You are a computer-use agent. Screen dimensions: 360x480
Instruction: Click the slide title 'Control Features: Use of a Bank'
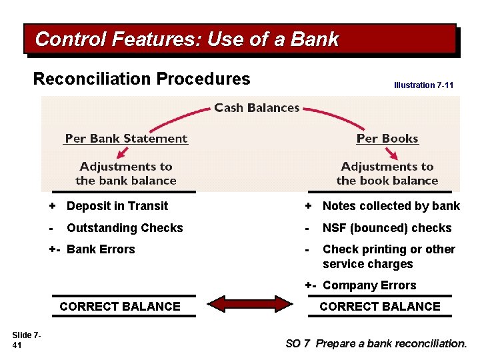click(x=187, y=40)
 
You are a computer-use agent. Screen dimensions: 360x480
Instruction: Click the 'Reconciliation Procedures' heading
click(x=141, y=79)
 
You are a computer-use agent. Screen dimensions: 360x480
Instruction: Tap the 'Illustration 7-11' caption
click(x=423, y=85)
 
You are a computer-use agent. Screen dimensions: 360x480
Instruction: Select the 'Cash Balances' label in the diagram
click(x=257, y=108)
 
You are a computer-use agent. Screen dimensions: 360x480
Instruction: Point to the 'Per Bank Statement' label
click(x=126, y=139)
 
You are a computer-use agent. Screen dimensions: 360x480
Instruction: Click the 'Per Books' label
click(x=387, y=139)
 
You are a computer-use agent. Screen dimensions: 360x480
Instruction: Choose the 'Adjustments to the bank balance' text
click(x=126, y=173)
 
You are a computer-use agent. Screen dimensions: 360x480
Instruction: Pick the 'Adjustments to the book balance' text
click(x=387, y=173)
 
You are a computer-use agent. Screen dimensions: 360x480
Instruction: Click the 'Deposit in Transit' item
click(x=117, y=206)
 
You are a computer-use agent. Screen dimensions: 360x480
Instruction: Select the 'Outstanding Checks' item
click(x=125, y=227)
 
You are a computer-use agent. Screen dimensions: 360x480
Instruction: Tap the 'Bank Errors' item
click(x=101, y=249)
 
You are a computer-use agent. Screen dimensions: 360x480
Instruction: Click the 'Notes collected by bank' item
click(x=391, y=206)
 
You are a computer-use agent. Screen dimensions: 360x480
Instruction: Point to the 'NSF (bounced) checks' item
click(x=387, y=227)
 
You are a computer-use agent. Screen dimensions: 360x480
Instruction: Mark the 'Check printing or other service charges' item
click(x=389, y=256)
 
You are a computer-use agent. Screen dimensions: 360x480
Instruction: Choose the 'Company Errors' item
click(x=369, y=285)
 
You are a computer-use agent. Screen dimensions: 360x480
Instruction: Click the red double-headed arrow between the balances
click(x=249, y=307)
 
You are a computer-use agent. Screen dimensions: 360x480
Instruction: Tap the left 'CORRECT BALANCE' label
click(x=120, y=307)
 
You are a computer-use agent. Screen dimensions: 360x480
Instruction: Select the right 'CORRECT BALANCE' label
click(x=380, y=307)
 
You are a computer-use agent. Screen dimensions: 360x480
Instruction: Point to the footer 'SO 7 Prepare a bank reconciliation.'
click(x=376, y=343)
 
